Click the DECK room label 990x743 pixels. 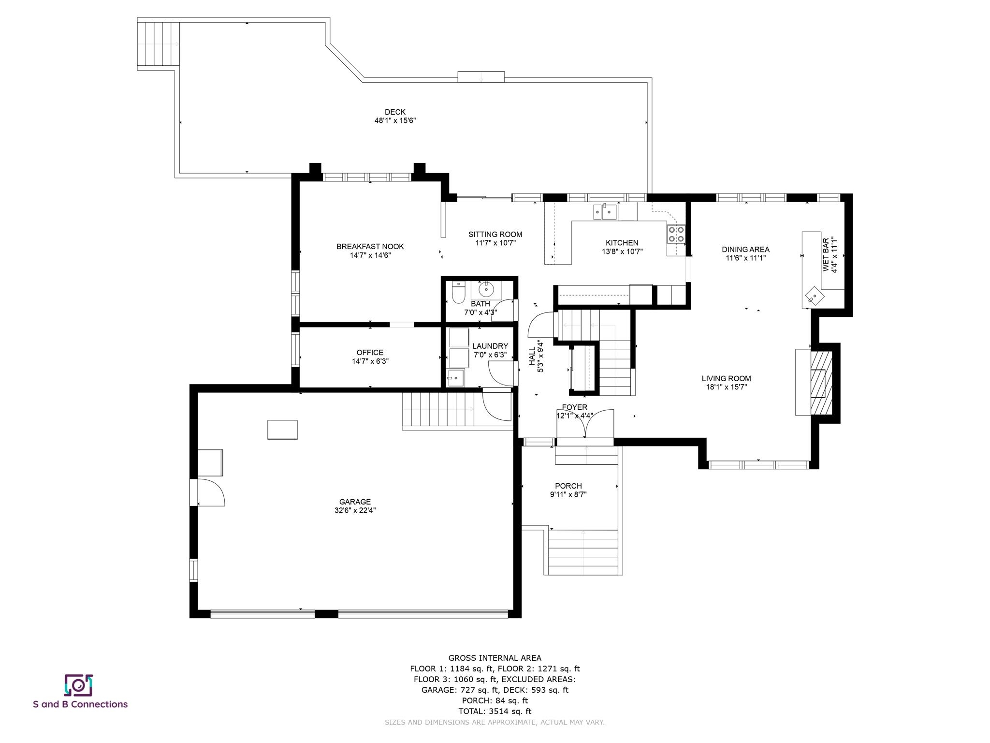(x=395, y=112)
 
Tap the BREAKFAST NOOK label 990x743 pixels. (x=370, y=247)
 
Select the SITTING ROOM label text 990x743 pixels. (x=495, y=235)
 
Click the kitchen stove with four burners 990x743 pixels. (x=676, y=234)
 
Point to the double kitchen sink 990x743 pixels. (x=605, y=211)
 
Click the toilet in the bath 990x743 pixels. (x=458, y=292)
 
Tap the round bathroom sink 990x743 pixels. (x=486, y=290)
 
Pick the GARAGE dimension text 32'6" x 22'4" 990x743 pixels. (x=355, y=510)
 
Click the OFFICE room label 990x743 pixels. (x=370, y=353)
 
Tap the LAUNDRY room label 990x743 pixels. (x=490, y=346)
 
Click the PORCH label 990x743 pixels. (x=568, y=486)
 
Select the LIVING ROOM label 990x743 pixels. (x=726, y=379)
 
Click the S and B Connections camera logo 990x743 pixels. (x=78, y=685)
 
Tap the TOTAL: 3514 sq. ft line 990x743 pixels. (x=495, y=711)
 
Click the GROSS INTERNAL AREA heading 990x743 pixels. (x=495, y=658)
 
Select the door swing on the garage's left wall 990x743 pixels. (x=212, y=492)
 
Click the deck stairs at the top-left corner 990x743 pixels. (x=158, y=44)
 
